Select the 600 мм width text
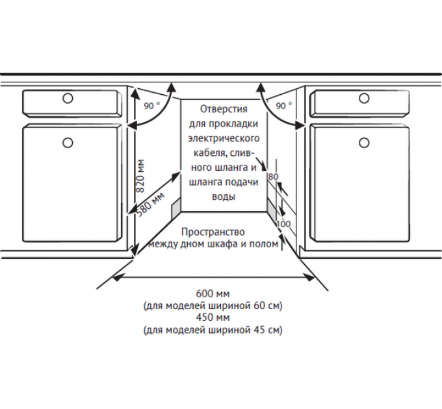click(x=213, y=293)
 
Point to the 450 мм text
click(x=213, y=317)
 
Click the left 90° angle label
click(x=151, y=105)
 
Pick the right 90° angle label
click(x=283, y=105)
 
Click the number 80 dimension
click(x=273, y=177)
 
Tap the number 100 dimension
click(x=283, y=224)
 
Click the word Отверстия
click(x=224, y=109)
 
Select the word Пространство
click(x=213, y=232)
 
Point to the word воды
click(x=224, y=195)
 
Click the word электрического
click(x=224, y=138)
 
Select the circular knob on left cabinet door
click(x=68, y=142)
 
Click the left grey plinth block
click(x=175, y=208)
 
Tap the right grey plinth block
click(x=271, y=207)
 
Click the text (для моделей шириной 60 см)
click(x=213, y=305)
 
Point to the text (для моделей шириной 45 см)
click(x=213, y=330)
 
